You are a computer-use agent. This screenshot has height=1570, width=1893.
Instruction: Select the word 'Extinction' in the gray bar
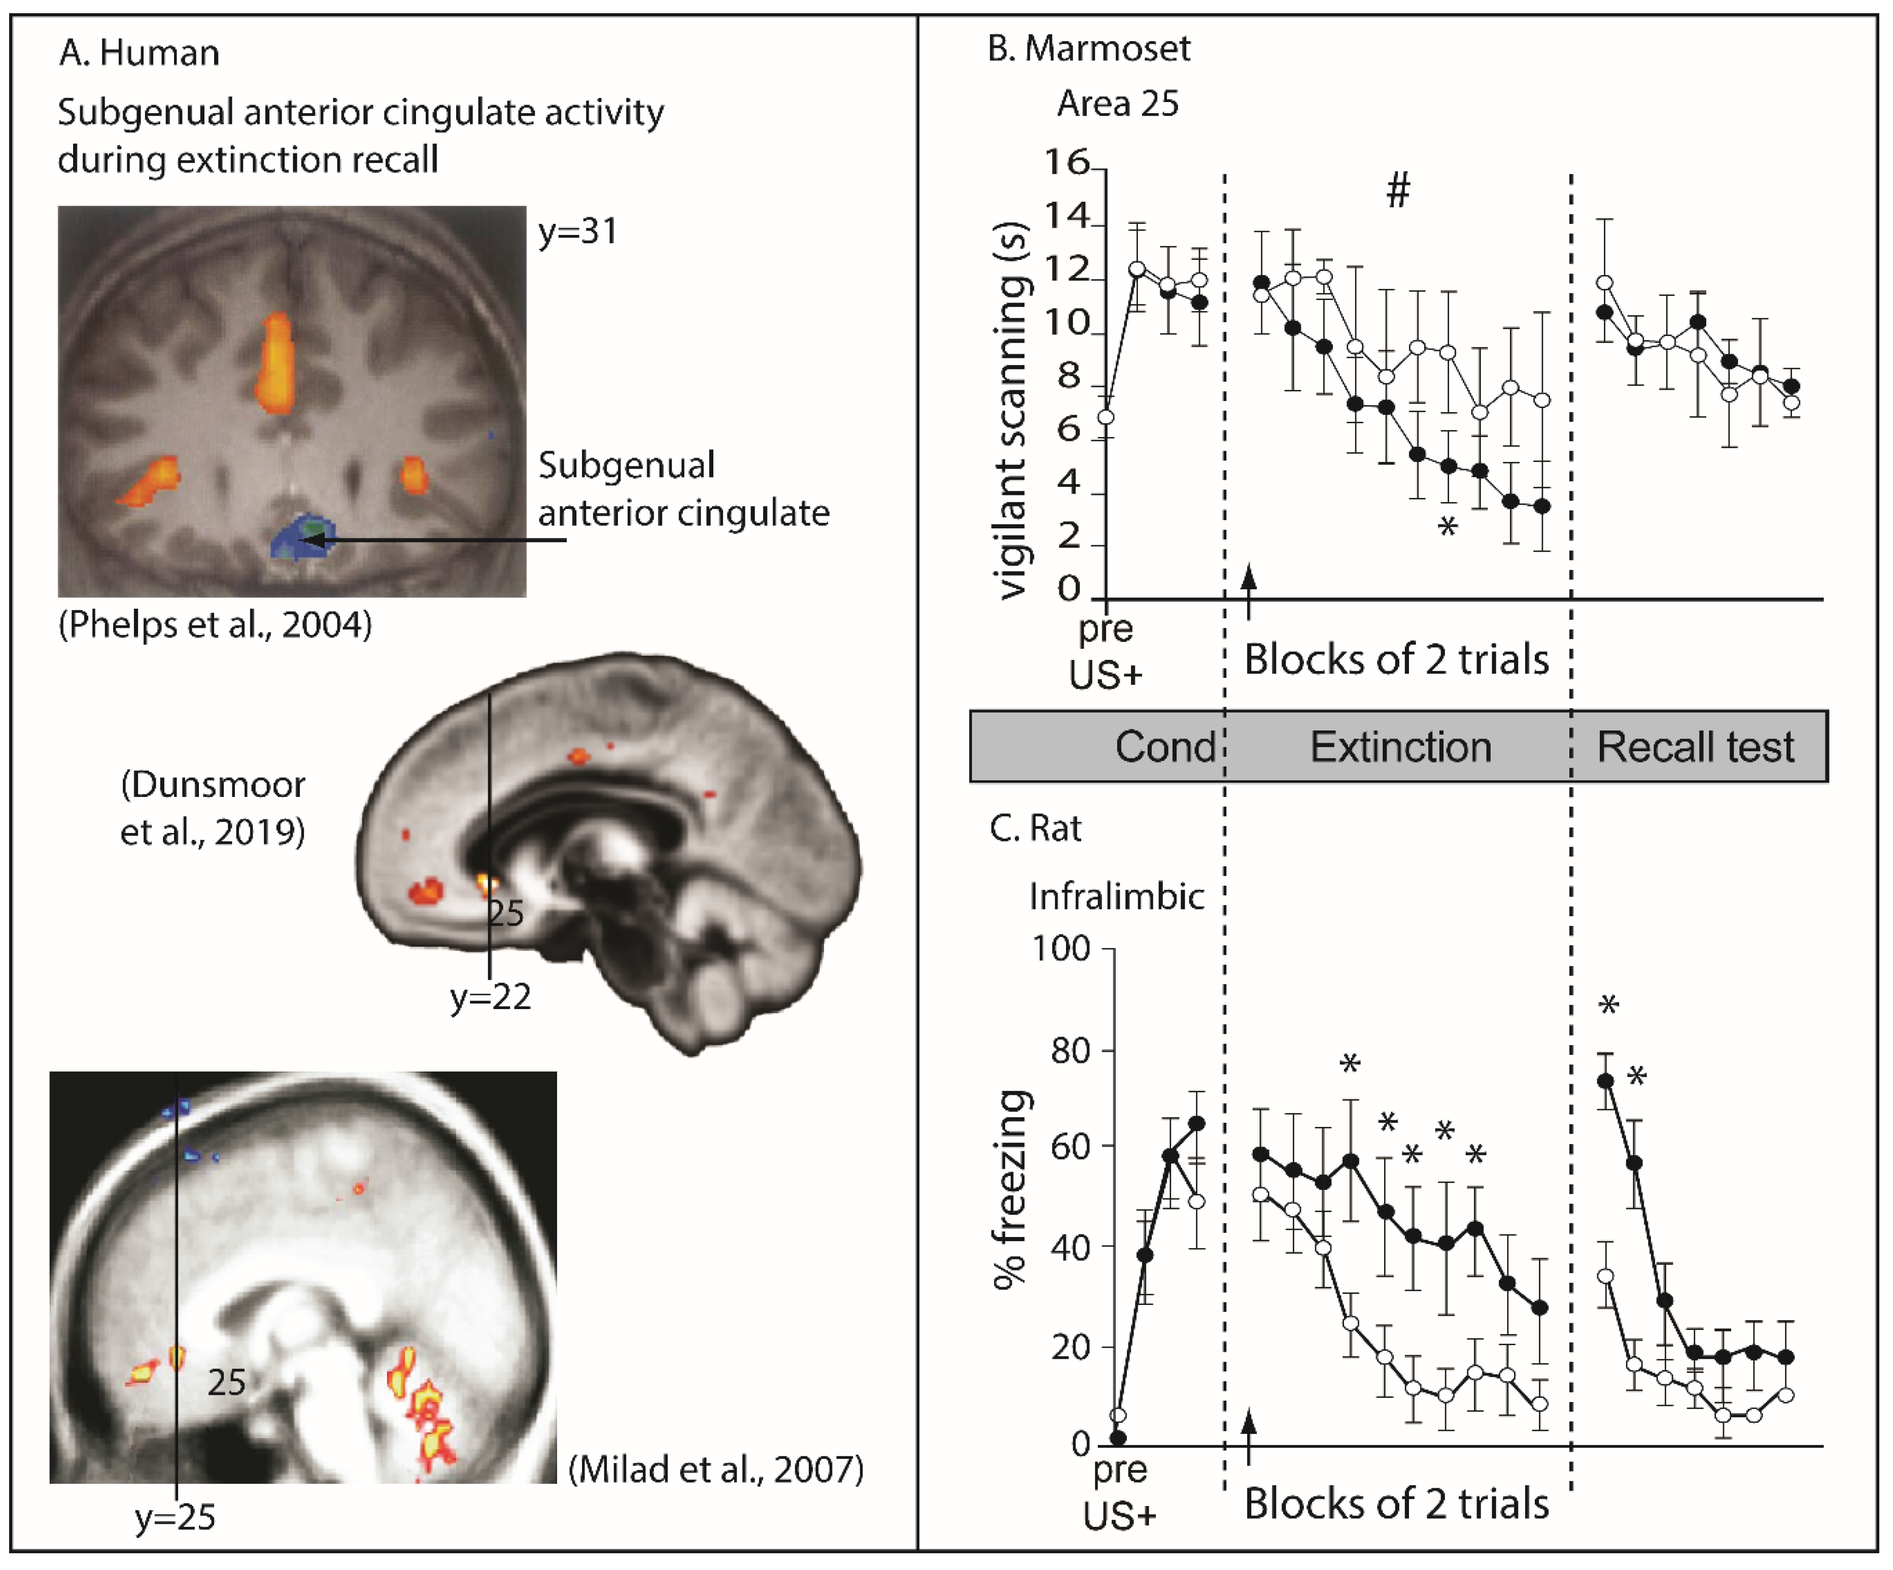click(x=1400, y=747)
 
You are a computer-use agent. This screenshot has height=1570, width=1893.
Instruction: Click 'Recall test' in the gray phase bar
click(x=1695, y=747)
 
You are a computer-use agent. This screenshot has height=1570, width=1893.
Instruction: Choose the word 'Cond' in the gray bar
click(x=1164, y=747)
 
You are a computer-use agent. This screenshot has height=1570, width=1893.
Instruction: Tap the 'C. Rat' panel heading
click(x=1035, y=828)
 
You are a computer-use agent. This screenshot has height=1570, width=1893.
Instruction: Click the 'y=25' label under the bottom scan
click(x=175, y=1518)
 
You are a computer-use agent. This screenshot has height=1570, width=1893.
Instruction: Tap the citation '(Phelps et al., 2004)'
click(x=215, y=624)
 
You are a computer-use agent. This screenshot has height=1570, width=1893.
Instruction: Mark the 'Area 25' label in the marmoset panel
click(x=1118, y=104)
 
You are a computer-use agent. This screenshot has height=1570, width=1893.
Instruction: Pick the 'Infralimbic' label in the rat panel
click(x=1117, y=896)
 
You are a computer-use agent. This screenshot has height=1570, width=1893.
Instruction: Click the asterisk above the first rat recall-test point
click(x=1608, y=1005)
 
